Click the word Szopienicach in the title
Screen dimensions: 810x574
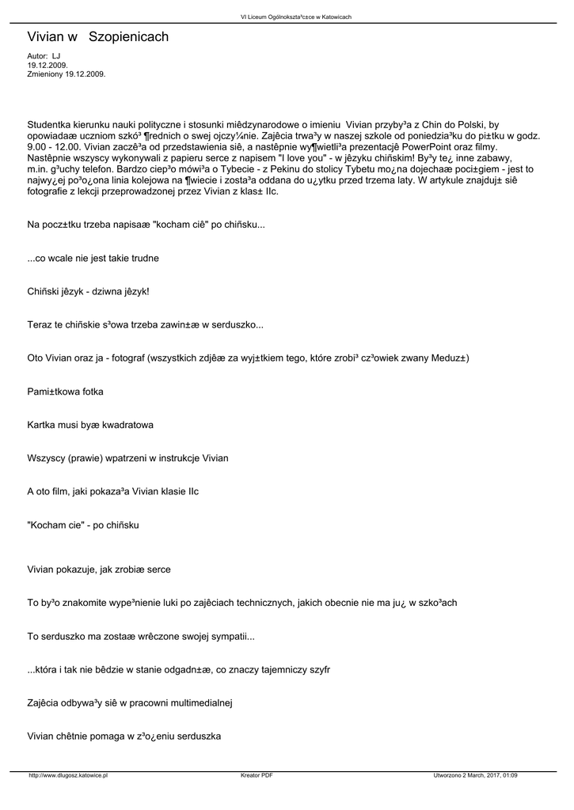(128, 37)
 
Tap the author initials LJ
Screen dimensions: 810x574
(56, 57)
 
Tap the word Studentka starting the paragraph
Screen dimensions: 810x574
(51, 124)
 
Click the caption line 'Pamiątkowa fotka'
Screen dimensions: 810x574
(65, 392)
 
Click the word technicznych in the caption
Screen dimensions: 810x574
(264, 603)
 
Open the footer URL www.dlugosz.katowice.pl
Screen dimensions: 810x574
(68, 775)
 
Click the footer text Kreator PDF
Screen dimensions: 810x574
(257, 775)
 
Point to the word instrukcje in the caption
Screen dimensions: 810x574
(169, 458)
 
